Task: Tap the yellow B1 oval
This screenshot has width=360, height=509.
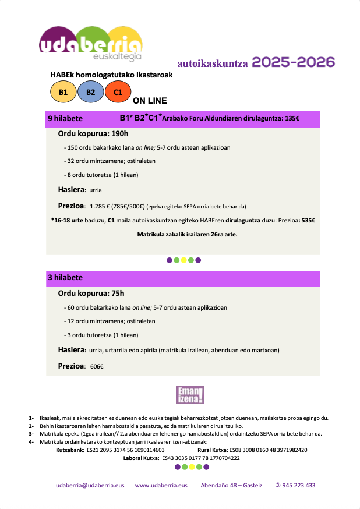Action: (63, 92)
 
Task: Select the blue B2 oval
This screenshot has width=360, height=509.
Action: (90, 92)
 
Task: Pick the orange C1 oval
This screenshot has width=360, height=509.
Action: (118, 92)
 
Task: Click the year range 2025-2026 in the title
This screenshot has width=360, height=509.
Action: (294, 62)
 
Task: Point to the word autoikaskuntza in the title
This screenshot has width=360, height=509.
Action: (213, 63)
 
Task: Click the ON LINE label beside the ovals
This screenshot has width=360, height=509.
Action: (150, 101)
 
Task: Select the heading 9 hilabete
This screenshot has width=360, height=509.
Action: (65, 119)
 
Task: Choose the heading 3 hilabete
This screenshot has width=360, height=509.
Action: (65, 278)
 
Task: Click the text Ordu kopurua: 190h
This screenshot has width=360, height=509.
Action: (93, 134)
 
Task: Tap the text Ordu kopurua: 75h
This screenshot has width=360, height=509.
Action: (91, 293)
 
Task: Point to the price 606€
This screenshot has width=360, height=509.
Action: (96, 366)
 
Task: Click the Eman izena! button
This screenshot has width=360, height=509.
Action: (190, 395)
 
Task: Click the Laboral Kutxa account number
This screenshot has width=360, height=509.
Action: (200, 458)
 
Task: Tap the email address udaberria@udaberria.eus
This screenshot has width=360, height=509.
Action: (90, 486)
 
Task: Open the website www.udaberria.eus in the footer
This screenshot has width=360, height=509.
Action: (161, 486)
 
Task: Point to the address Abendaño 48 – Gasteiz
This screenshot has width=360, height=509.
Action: (231, 486)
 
